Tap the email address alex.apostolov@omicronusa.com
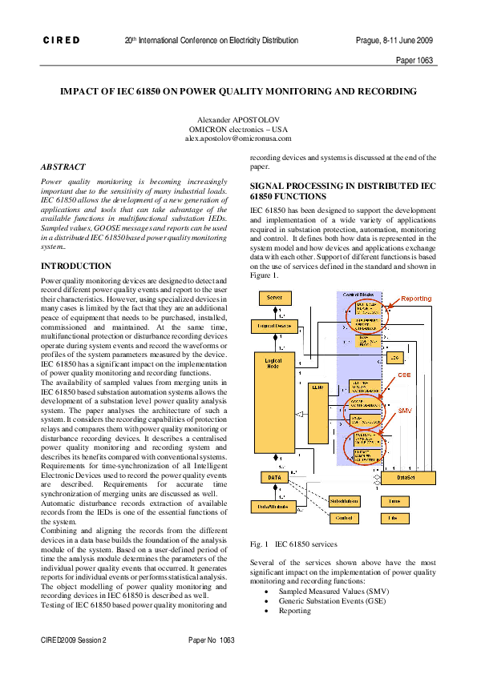[x=239, y=138]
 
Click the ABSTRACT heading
[x=63, y=166]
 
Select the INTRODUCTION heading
[x=75, y=266]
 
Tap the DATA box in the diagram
[x=271, y=478]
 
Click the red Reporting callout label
[x=415, y=299]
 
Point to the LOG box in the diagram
[x=394, y=357]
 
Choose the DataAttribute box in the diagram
[x=271, y=506]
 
